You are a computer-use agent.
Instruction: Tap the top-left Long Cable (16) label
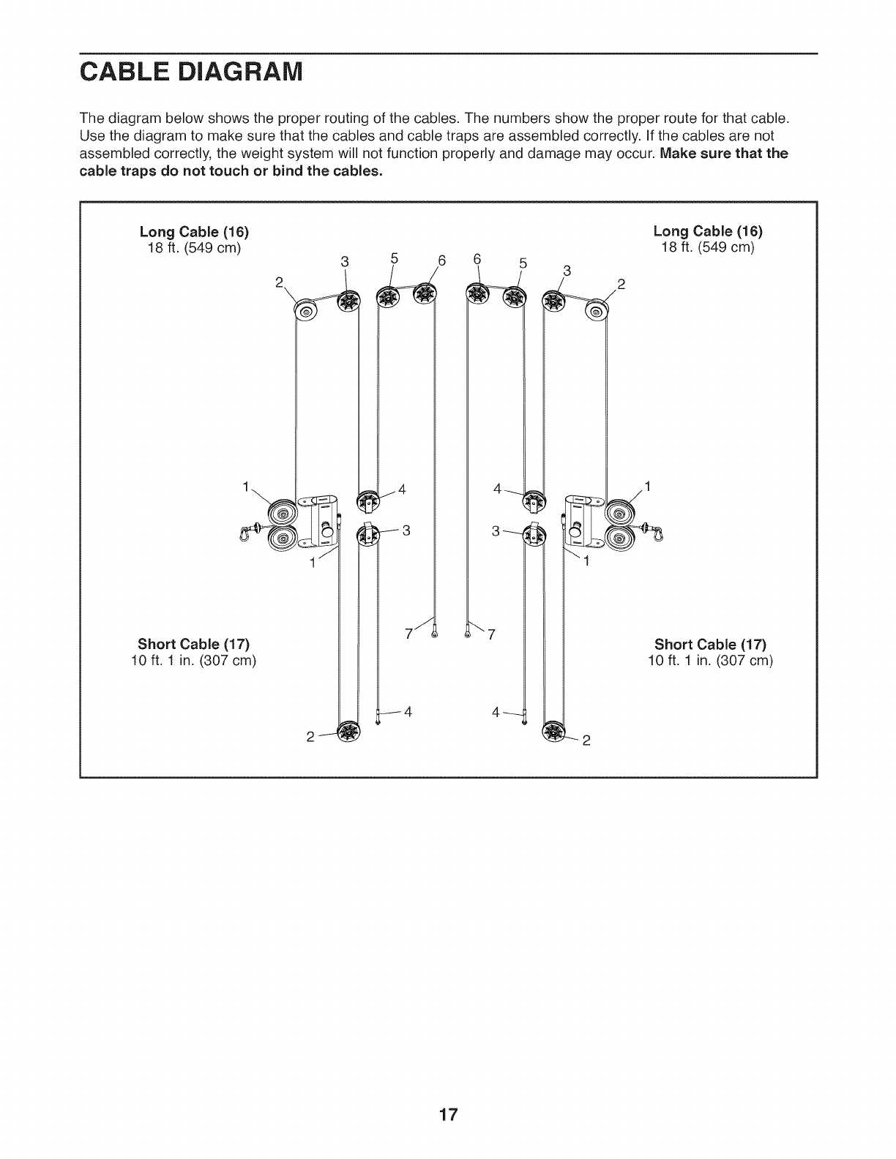pyautogui.click(x=195, y=232)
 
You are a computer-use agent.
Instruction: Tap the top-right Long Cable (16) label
pyautogui.click(x=707, y=232)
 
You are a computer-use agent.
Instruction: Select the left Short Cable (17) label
pyautogui.click(x=194, y=644)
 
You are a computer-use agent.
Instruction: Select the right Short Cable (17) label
pyautogui.click(x=710, y=644)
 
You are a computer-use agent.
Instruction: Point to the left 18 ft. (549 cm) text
pyautogui.click(x=195, y=247)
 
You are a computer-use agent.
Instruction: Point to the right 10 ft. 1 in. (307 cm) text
pyautogui.click(x=710, y=660)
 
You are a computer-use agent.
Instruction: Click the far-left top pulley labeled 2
pyautogui.click(x=305, y=312)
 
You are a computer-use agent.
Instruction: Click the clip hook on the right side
pyautogui.click(x=658, y=532)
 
